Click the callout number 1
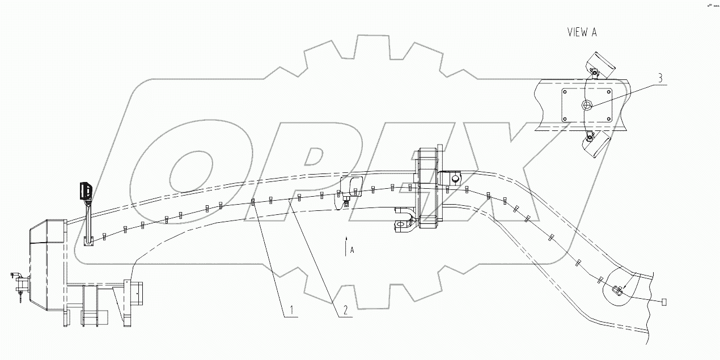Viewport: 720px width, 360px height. point(291,310)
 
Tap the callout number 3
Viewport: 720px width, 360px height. point(659,78)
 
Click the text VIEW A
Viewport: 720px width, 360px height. point(582,32)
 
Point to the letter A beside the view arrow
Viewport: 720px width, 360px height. point(352,249)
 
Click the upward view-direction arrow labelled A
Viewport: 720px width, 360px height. point(345,249)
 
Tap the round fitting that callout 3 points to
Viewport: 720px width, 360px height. point(587,105)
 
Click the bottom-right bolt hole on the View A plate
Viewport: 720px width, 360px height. point(608,118)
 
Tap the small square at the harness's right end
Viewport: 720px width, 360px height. point(664,302)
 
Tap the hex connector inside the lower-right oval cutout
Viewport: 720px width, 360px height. point(618,291)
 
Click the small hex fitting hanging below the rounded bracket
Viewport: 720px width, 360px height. point(346,202)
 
